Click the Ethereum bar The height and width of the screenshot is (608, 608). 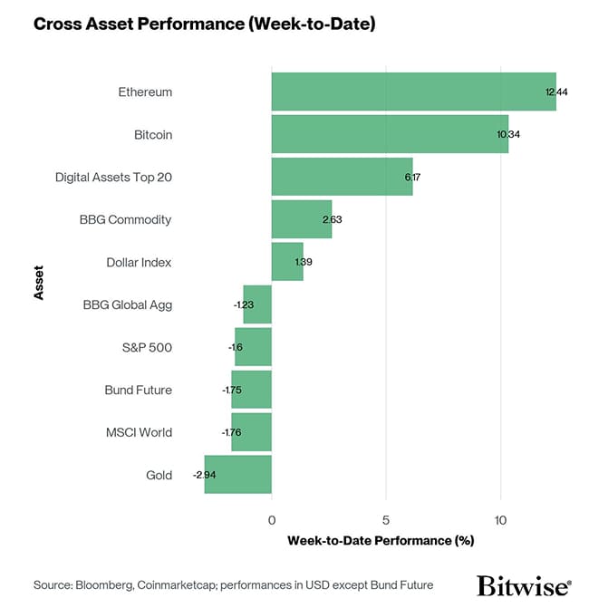click(x=413, y=92)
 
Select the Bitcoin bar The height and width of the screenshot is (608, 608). click(x=390, y=135)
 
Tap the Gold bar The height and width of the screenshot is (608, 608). click(x=238, y=475)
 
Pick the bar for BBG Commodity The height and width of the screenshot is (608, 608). click(x=302, y=220)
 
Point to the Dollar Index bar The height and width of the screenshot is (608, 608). click(x=287, y=263)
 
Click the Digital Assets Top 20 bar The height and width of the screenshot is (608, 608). click(x=342, y=178)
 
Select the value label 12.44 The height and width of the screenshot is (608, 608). click(x=556, y=92)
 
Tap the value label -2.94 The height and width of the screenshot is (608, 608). click(x=204, y=475)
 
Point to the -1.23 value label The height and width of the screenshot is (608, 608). click(x=244, y=305)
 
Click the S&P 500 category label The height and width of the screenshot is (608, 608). click(x=146, y=348)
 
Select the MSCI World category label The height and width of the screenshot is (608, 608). click(x=139, y=432)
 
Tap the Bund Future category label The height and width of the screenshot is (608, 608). click(x=138, y=391)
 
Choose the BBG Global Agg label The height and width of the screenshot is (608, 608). click(x=127, y=305)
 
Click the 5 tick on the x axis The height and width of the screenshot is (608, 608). click(x=386, y=520)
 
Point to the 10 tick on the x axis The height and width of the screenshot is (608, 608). click(x=501, y=520)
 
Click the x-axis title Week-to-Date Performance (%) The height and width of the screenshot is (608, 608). click(x=381, y=541)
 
